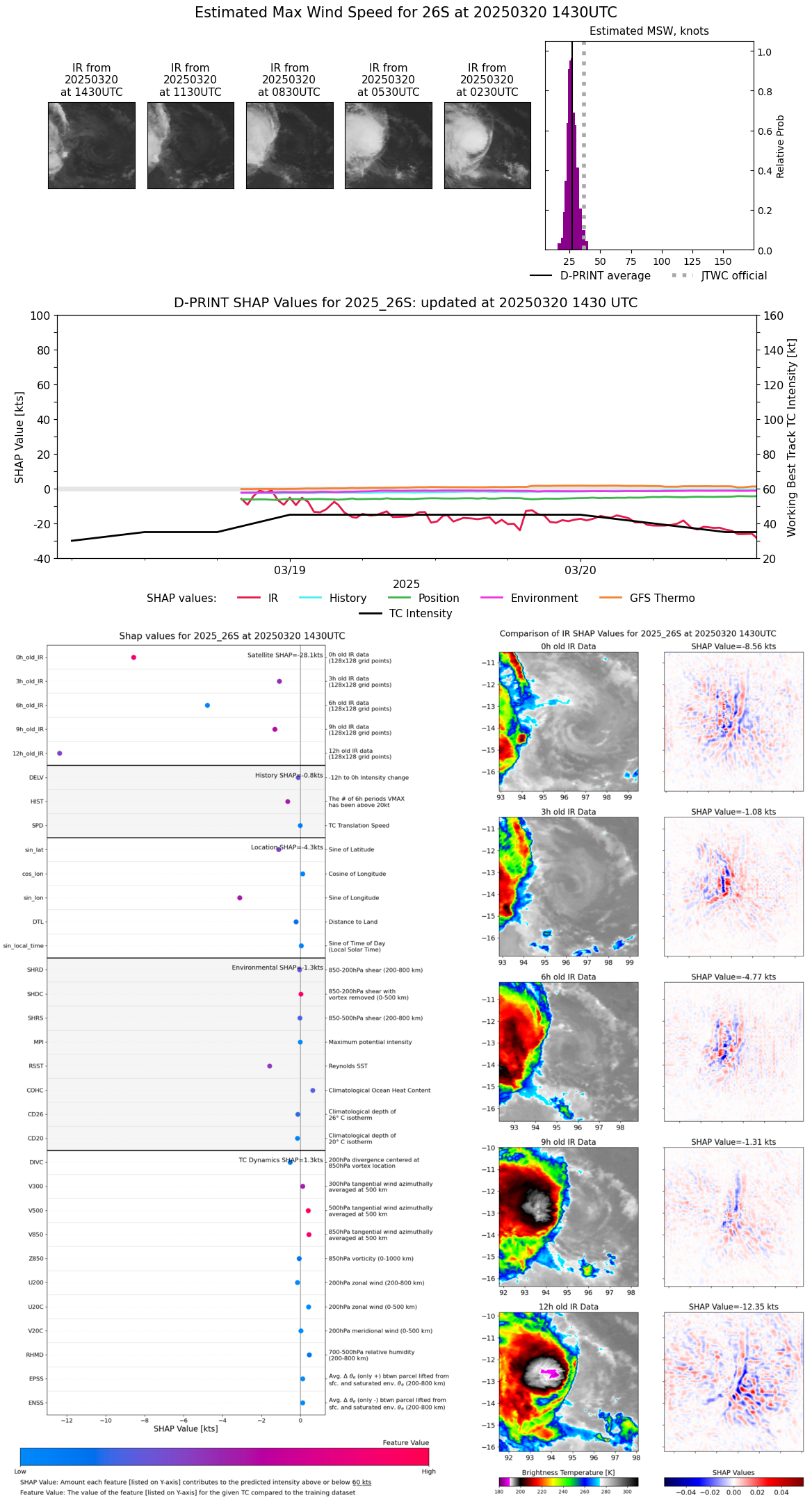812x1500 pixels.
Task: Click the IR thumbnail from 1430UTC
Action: (x=92, y=145)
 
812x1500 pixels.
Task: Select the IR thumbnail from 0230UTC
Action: (x=487, y=145)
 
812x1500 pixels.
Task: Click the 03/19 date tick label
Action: (x=289, y=570)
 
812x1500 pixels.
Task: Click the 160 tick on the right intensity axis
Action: (x=773, y=316)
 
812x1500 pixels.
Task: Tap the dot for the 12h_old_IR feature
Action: (x=60, y=753)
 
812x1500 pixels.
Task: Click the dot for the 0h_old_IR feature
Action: (x=133, y=658)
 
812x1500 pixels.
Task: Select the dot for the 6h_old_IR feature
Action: (x=207, y=706)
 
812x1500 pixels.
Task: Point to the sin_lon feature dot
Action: (x=240, y=898)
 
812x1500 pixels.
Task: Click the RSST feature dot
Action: (x=270, y=1066)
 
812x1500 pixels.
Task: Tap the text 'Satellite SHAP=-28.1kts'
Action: (x=285, y=655)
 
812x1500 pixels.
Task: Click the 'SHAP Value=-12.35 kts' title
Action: (x=733, y=1307)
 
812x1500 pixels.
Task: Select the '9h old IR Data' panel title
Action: (x=568, y=1142)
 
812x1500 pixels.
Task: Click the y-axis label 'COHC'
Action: (x=35, y=1091)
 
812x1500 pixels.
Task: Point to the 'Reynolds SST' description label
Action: (x=348, y=1066)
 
